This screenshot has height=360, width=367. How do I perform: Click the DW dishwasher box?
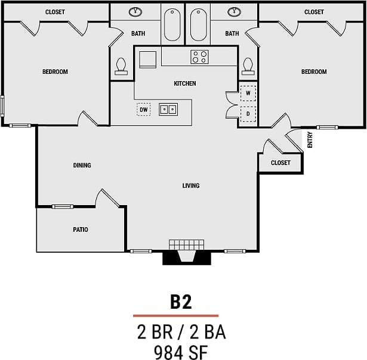point(143,110)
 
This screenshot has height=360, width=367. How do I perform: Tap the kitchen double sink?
point(168,109)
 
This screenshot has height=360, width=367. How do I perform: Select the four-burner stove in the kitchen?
point(199,57)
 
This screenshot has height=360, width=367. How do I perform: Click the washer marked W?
point(248,93)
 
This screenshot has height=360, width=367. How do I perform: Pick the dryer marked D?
point(248,113)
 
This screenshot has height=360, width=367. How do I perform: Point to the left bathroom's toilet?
point(121,66)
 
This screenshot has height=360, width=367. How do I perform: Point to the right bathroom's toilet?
point(248,66)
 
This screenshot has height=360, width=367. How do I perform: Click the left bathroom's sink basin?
point(136,11)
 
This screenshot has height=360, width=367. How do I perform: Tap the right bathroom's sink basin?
point(234,11)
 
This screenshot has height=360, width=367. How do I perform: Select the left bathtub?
point(172,24)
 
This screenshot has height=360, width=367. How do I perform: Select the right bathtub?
point(199,24)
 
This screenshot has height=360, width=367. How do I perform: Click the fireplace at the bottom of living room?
point(187,253)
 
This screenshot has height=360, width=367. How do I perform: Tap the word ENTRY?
point(310,139)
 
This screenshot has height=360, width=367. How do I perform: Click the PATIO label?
point(81,229)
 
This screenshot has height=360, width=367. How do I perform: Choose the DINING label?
point(82,165)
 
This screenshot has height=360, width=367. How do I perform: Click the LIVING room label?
point(191,185)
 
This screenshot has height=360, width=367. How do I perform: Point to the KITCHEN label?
point(185,83)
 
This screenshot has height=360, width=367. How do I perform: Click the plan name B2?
point(181,302)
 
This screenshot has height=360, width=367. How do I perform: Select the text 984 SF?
point(181,352)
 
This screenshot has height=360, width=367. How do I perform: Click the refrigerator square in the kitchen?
point(147,59)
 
